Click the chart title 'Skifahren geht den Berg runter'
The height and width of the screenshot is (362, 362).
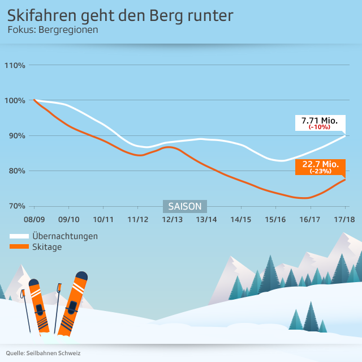pyautogui.click(x=120, y=15)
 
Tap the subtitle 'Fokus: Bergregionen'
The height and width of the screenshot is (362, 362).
pyautogui.click(x=53, y=29)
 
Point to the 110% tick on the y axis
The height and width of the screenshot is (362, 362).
pyautogui.click(x=15, y=65)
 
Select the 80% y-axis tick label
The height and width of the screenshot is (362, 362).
pyautogui.click(x=15, y=171)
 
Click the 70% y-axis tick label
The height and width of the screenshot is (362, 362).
pyautogui.click(x=15, y=206)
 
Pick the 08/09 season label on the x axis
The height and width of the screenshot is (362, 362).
pyautogui.click(x=34, y=219)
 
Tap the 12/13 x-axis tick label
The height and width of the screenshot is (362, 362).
pyautogui.click(x=172, y=219)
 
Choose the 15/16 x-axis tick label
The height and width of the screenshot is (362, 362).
pyautogui.click(x=275, y=219)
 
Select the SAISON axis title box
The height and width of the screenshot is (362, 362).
pyautogui.click(x=185, y=206)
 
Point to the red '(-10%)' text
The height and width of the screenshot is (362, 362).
pyautogui.click(x=320, y=127)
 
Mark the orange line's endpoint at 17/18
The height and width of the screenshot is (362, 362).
pyautogui.click(x=345, y=180)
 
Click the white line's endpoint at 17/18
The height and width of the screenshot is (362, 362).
pyautogui.click(x=345, y=136)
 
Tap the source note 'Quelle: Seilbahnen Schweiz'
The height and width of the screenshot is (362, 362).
pyautogui.click(x=44, y=353)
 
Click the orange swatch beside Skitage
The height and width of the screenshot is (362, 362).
pyautogui.click(x=20, y=246)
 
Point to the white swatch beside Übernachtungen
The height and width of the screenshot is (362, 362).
pyautogui.click(x=20, y=236)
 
